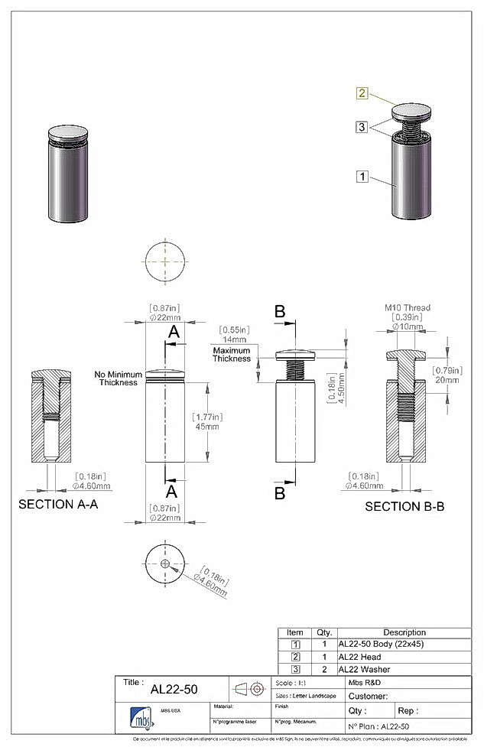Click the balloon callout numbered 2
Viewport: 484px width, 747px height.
[x=362, y=93]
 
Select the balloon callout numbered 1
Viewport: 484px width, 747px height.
[x=362, y=177]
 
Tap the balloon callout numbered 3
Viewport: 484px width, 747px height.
[x=362, y=127]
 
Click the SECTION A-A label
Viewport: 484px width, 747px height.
[x=58, y=505]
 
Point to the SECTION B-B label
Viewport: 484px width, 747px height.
[x=404, y=506]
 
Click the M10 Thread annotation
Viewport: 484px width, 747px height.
[x=407, y=307]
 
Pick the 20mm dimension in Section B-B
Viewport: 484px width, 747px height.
[x=447, y=379]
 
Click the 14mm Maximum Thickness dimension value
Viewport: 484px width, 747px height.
[x=234, y=339]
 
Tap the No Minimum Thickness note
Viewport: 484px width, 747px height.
[x=115, y=378]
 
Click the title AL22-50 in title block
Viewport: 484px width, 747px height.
[x=174, y=689]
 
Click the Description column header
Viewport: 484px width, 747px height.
[x=404, y=632]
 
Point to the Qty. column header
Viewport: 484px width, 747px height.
[x=323, y=632]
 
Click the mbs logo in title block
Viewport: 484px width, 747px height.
[x=141, y=719]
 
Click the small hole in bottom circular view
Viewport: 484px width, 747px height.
[x=164, y=563]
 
